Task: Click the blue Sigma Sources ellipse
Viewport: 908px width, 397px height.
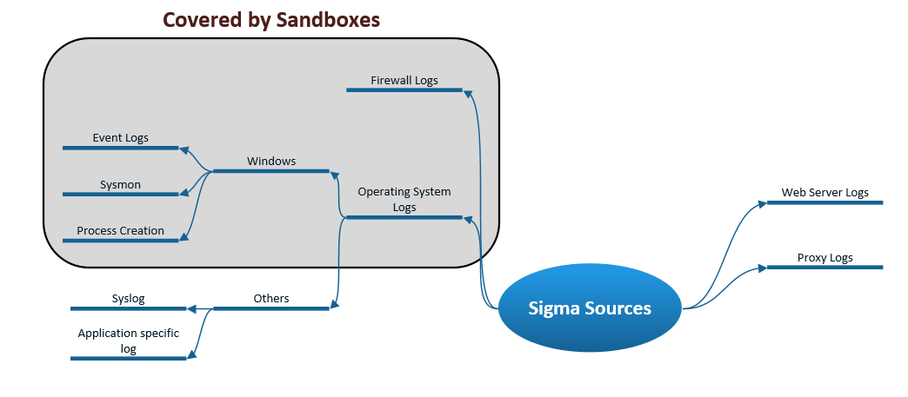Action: click(x=590, y=308)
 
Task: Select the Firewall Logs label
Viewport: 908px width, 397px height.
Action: click(x=404, y=81)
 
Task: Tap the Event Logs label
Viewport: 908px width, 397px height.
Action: click(x=120, y=138)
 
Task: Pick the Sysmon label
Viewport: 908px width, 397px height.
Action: click(x=120, y=185)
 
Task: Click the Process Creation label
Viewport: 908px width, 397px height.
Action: click(x=120, y=231)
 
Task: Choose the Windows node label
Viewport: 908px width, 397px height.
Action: click(x=271, y=162)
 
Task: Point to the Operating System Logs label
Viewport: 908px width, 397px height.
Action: click(x=404, y=199)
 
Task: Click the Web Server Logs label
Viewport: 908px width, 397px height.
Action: click(x=825, y=193)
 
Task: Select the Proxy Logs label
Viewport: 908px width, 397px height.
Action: click(x=825, y=258)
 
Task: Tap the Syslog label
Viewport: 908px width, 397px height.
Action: click(x=128, y=299)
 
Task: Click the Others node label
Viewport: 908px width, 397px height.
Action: click(x=271, y=299)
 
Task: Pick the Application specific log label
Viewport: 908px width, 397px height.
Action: click(x=128, y=341)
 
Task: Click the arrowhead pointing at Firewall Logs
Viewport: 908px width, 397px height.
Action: click(x=468, y=93)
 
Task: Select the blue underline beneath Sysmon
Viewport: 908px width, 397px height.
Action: click(x=120, y=195)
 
